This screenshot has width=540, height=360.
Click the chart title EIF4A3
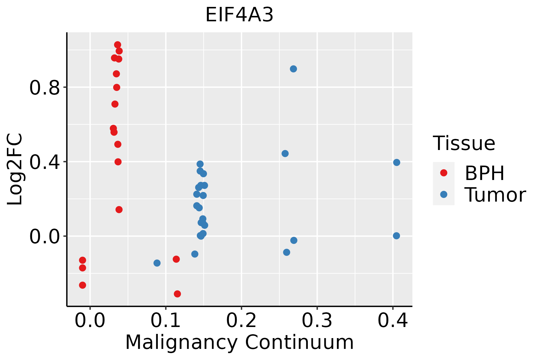click(x=239, y=15)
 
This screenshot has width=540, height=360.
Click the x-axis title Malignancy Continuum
click(x=239, y=342)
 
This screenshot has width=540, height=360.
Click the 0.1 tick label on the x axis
click(x=165, y=320)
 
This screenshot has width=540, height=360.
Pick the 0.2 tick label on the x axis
click(x=241, y=320)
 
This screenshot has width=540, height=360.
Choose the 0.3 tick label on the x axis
click(x=317, y=320)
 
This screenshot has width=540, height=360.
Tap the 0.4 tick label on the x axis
click(x=392, y=320)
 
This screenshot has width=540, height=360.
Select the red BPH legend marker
click(x=443, y=173)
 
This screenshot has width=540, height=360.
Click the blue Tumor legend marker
click(x=443, y=194)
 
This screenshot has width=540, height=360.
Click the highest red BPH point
click(x=118, y=45)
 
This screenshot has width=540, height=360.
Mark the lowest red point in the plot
click(x=177, y=294)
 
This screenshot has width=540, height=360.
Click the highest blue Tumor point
click(x=293, y=69)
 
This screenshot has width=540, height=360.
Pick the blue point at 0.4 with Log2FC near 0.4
click(x=397, y=162)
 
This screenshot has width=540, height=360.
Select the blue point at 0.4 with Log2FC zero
click(x=396, y=236)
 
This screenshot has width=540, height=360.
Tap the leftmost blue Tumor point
click(x=157, y=263)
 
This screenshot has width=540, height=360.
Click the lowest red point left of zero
click(x=82, y=285)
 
